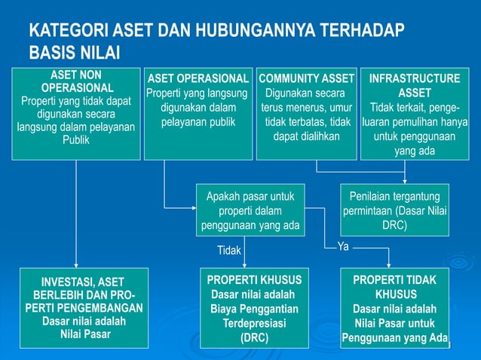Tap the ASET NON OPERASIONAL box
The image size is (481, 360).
75,113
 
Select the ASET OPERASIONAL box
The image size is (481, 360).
197,113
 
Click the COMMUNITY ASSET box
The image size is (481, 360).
306,113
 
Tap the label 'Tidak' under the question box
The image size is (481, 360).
229,250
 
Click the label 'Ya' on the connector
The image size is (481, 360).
343,246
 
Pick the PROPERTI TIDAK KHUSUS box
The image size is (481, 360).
394,308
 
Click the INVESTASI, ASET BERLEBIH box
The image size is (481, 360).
75,308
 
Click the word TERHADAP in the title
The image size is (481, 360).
362,32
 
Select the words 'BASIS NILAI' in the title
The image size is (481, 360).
74,53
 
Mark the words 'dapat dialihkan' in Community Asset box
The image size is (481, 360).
306,136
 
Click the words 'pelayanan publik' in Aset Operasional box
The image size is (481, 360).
198,122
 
